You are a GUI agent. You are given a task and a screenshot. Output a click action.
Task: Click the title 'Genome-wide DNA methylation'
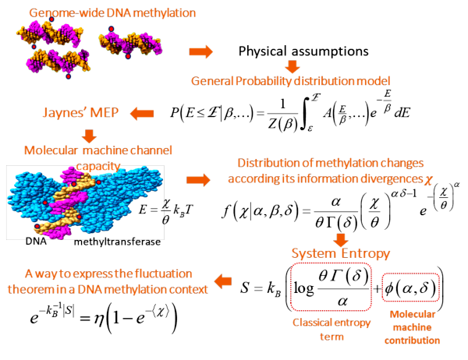click(112, 13)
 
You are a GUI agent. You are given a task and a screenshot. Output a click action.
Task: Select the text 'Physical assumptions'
click(303, 51)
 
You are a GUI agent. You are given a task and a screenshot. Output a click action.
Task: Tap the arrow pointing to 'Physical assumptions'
click(201, 51)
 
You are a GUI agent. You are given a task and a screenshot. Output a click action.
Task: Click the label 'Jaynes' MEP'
click(80, 112)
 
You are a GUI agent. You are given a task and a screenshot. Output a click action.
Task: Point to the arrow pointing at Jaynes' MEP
click(142, 114)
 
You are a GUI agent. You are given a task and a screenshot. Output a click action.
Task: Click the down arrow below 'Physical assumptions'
click(292, 66)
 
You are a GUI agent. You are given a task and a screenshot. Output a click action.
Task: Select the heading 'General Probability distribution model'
click(291, 81)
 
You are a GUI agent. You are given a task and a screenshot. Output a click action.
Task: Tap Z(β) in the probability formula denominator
click(282, 124)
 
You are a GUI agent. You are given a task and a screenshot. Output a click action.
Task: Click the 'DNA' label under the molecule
click(36, 241)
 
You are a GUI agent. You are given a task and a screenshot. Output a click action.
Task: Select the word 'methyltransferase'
click(117, 242)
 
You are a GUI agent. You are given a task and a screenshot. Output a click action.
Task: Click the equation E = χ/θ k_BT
click(166, 210)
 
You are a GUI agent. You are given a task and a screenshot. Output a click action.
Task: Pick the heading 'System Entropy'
click(341, 253)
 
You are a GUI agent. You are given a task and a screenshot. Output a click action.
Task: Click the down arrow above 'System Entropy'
click(341, 240)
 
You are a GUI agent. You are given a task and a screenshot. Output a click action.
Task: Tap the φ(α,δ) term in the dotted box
click(410, 288)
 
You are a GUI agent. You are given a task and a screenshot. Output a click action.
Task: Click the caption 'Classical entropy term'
click(331, 330)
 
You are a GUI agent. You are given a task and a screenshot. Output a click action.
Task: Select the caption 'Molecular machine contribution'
click(412, 327)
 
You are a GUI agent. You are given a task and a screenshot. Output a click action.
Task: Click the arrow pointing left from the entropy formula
click(223, 281)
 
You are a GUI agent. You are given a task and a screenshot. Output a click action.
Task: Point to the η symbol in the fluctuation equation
click(98, 319)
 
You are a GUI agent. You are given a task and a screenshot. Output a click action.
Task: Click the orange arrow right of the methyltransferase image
click(198, 180)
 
